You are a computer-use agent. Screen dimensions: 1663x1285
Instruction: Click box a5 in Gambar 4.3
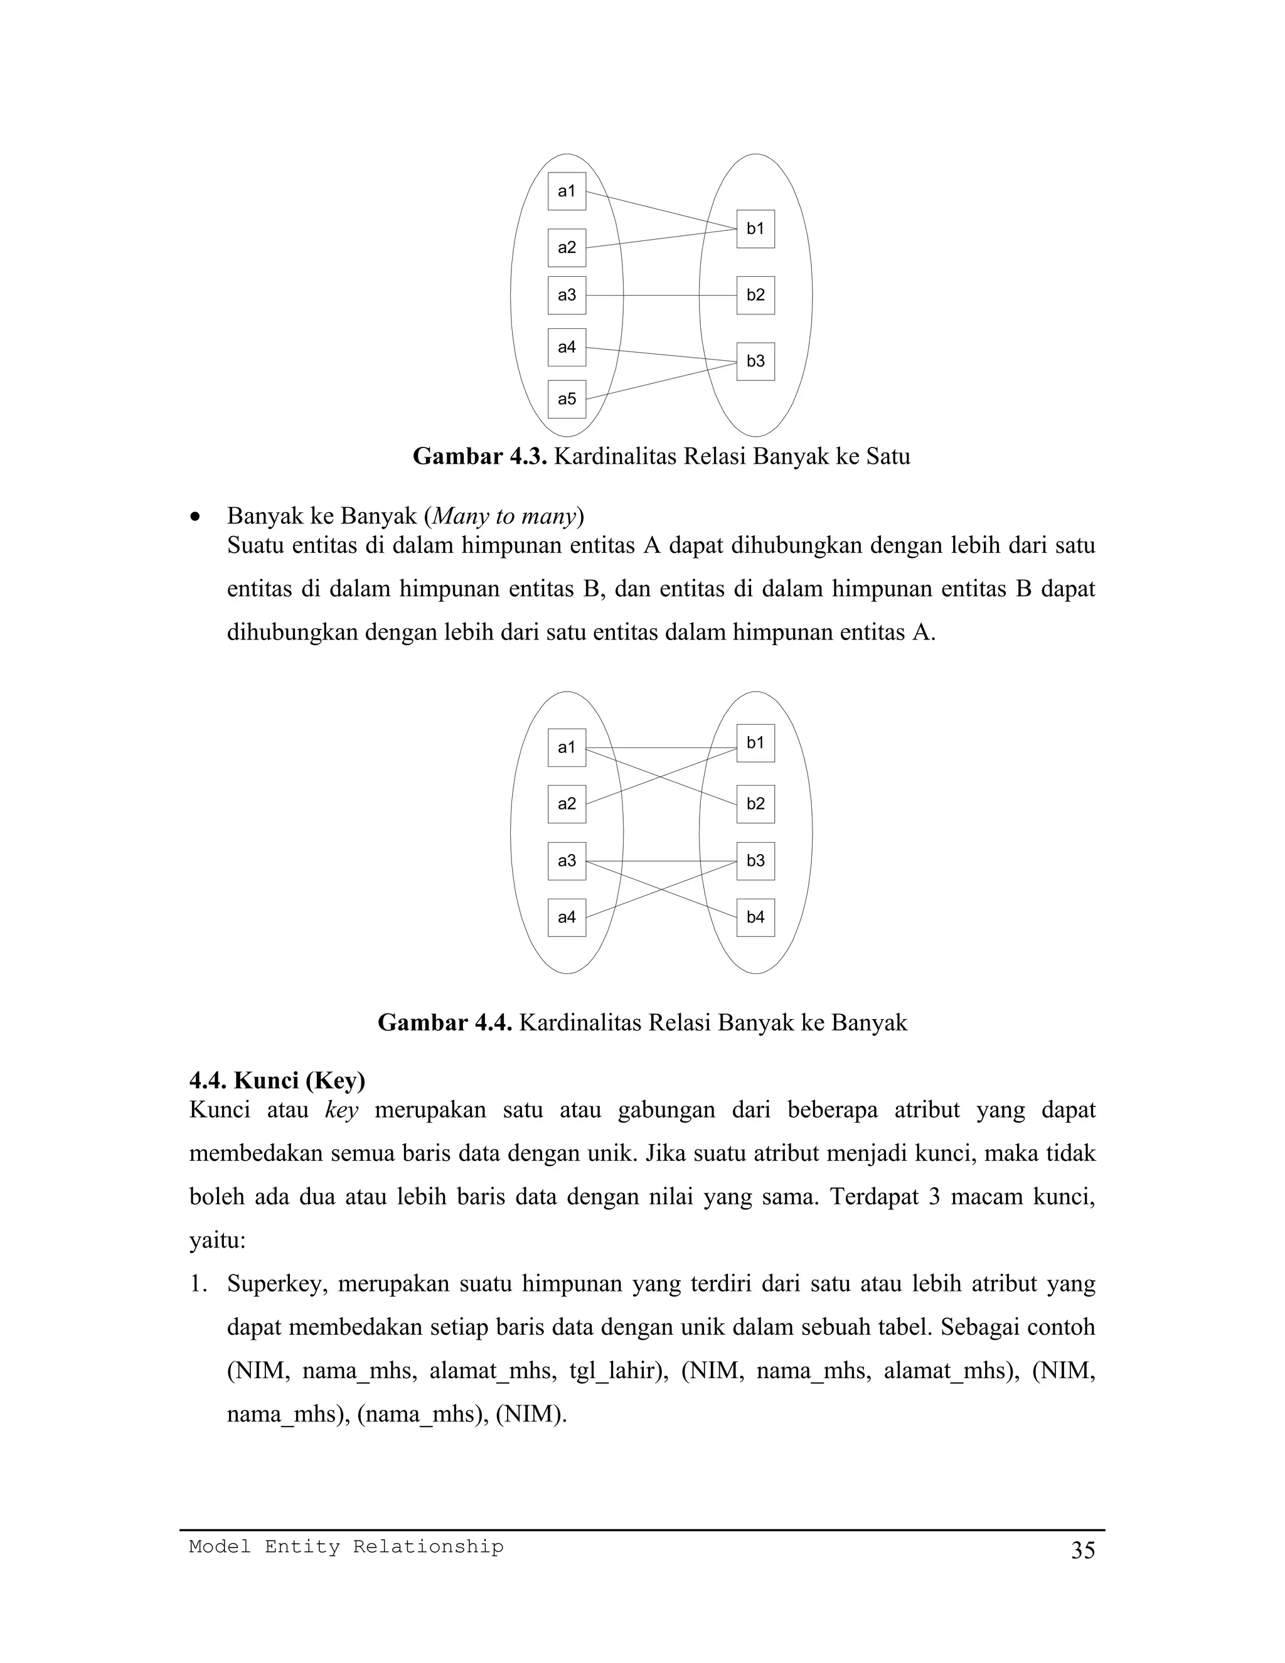[x=567, y=399]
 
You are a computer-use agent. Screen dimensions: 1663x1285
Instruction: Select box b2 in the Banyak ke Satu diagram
[x=755, y=296]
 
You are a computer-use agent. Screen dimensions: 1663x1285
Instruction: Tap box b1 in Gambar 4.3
[x=755, y=228]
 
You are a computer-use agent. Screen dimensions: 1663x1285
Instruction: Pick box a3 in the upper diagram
[x=567, y=296]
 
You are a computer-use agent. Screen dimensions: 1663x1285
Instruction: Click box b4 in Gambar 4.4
[x=755, y=917]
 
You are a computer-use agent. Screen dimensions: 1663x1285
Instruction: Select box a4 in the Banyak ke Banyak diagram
[x=567, y=917]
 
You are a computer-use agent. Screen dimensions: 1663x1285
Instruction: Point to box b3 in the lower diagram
[x=755, y=861]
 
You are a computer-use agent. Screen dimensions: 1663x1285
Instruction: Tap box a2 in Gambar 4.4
[x=567, y=804]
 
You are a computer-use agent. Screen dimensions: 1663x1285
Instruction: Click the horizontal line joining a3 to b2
[x=661, y=296]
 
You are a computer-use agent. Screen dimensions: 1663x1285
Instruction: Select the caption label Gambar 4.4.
[x=445, y=1023]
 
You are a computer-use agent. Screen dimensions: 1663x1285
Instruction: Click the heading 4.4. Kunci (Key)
[x=277, y=1081]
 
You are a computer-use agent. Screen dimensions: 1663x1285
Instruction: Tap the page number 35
[x=1082, y=1551]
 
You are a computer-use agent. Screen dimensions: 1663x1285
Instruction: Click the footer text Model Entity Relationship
[x=346, y=1546]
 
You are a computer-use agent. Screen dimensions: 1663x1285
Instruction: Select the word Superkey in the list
[x=277, y=1285]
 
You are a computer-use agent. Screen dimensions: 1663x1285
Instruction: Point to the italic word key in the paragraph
[x=341, y=1110]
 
